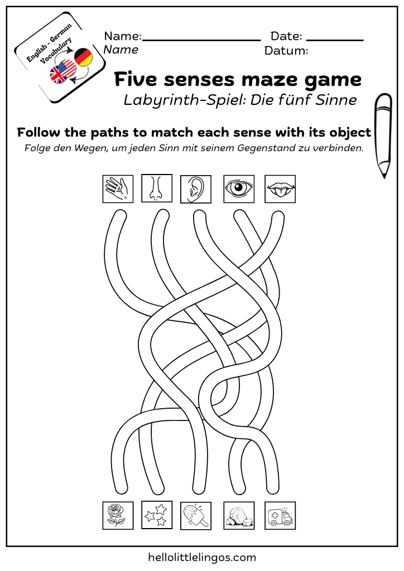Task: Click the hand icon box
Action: pyautogui.click(x=118, y=189)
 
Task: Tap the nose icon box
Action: pyautogui.click(x=157, y=188)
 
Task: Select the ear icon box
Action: pyautogui.click(x=195, y=189)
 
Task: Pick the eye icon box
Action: pyautogui.click(x=239, y=189)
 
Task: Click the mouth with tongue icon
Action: pyautogui.click(x=280, y=190)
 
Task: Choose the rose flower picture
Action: pyautogui.click(x=118, y=515)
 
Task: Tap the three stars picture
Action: pyautogui.click(x=156, y=515)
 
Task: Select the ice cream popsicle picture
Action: pyautogui.click(x=196, y=515)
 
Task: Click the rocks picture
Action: pyautogui.click(x=239, y=515)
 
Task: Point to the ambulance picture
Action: pyautogui.click(x=280, y=515)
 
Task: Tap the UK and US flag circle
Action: pyautogui.click(x=62, y=72)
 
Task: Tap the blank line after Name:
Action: pyautogui.click(x=201, y=40)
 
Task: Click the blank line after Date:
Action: pyautogui.click(x=335, y=40)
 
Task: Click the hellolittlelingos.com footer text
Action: pyautogui.click(x=202, y=557)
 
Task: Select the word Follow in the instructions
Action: pyautogui.click(x=37, y=133)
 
